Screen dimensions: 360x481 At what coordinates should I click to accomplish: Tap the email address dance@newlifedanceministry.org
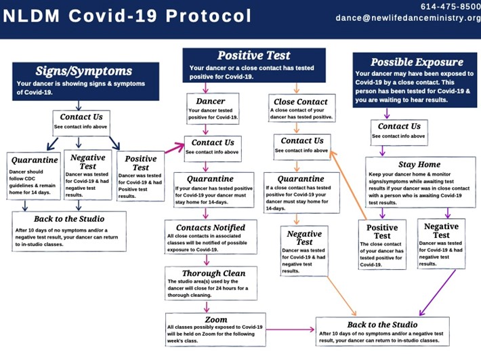408,18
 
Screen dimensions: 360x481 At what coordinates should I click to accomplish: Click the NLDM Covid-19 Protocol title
127,16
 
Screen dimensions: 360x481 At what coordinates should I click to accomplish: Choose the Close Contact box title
298,101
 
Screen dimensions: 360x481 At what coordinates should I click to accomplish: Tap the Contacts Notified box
211,239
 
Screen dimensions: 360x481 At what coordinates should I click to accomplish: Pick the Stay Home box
419,184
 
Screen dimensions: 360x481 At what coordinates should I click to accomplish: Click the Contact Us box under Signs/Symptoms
81,121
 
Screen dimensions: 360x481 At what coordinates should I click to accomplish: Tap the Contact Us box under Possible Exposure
398,130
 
